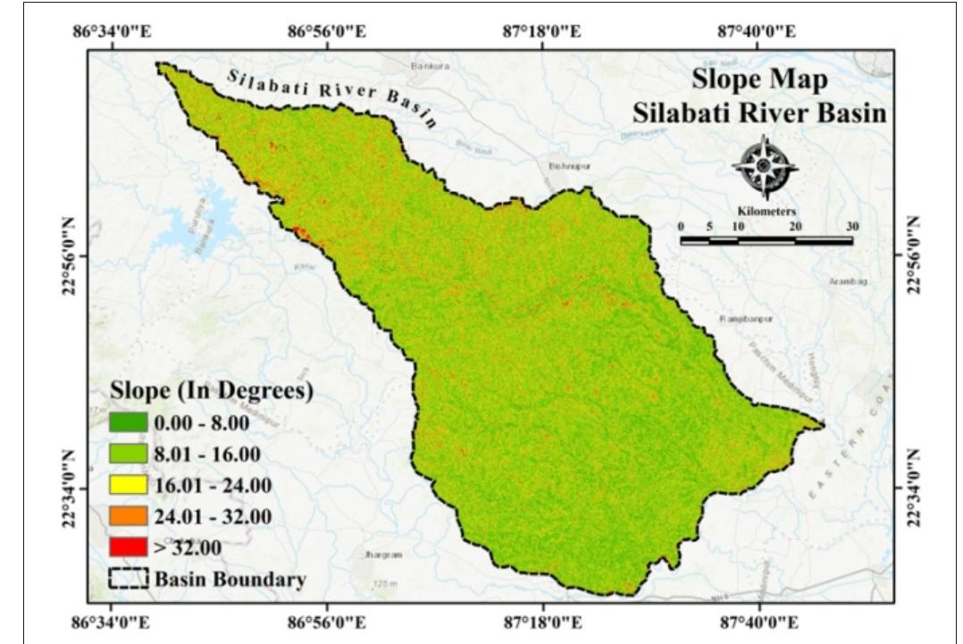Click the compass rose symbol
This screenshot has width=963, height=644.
(x=765, y=166)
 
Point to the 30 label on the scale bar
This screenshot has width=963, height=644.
(x=851, y=225)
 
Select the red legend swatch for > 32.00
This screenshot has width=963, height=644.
(x=127, y=547)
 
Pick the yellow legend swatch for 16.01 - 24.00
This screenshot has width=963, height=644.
(x=127, y=485)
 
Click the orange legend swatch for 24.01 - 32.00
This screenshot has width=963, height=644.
(x=127, y=516)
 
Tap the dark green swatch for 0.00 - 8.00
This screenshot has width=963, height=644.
(x=127, y=423)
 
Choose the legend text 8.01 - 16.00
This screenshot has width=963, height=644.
(x=208, y=455)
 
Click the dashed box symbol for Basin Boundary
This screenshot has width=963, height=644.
(x=128, y=578)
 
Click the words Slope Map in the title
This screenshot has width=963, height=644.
(x=760, y=79)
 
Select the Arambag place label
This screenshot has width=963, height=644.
(x=848, y=280)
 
